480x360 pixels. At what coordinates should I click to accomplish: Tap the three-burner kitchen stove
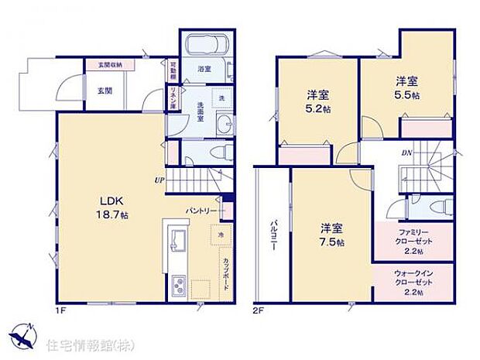pos(177,287)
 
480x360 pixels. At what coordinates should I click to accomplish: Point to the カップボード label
pos(226,272)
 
